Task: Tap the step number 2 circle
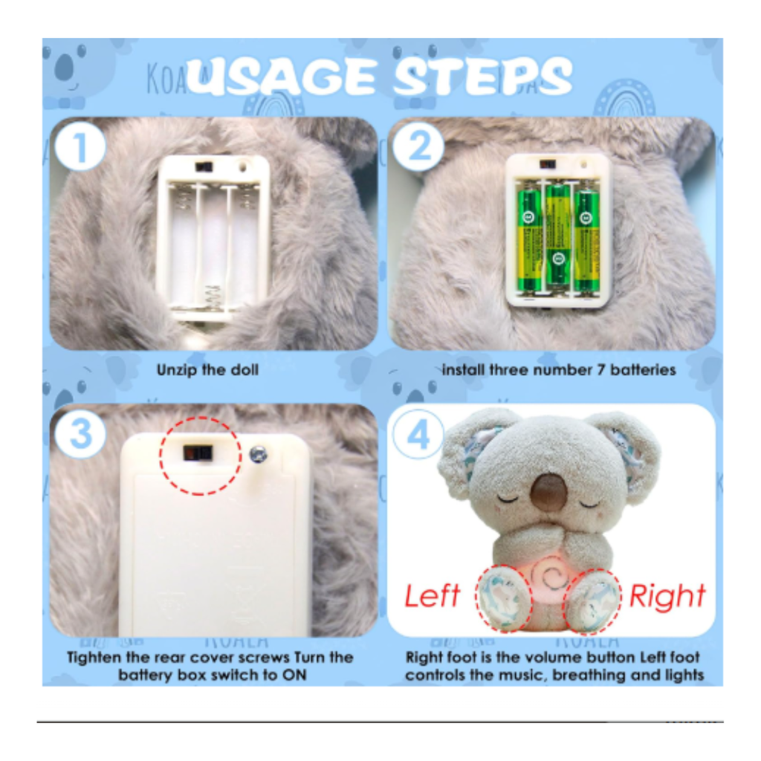coord(419,149)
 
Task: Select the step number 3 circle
coord(80,435)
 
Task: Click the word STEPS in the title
coord(482,77)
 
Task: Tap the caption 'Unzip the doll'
coord(207,369)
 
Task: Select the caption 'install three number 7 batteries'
coord(558,369)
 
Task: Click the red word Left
coord(432,596)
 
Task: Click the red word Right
coord(667,596)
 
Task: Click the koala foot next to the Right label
coord(593,600)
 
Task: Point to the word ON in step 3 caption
coord(296,676)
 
